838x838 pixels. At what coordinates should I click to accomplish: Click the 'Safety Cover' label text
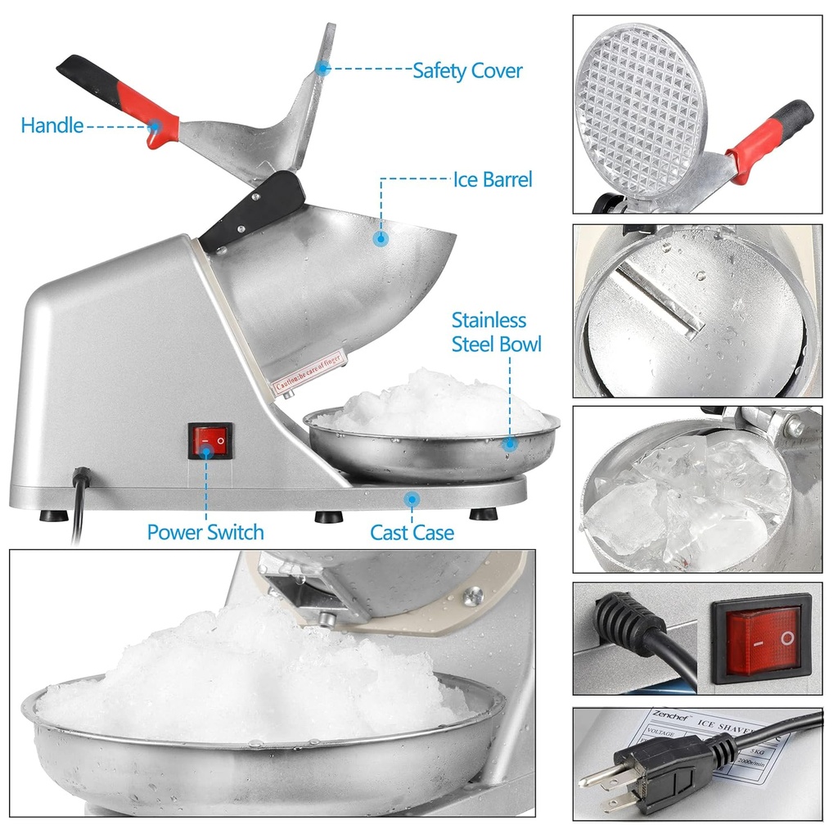[x=466, y=70]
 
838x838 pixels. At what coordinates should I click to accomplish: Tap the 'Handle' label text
[x=52, y=125]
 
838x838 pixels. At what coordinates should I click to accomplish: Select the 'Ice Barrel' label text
[x=493, y=179]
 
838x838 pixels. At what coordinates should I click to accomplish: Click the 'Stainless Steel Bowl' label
[x=496, y=331]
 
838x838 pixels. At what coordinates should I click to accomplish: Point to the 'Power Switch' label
[x=205, y=532]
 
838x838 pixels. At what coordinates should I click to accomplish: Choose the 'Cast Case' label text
[x=412, y=533]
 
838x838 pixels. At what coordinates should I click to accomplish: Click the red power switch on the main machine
[x=210, y=440]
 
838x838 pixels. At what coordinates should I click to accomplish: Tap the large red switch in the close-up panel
[x=761, y=639]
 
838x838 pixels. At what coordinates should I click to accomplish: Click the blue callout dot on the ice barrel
[x=381, y=238]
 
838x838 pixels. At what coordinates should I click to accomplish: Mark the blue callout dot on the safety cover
[x=323, y=69]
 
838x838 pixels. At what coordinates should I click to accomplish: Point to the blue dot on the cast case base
[x=412, y=498]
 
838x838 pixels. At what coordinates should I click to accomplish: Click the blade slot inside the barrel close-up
[x=660, y=299]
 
